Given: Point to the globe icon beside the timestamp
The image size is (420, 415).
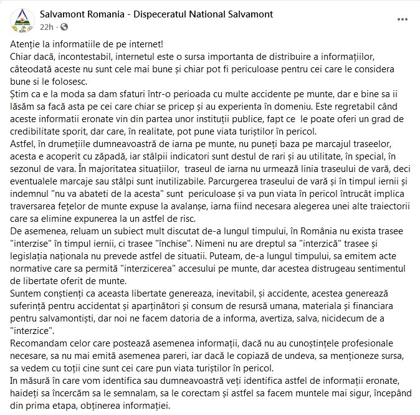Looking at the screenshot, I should (64, 27).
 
